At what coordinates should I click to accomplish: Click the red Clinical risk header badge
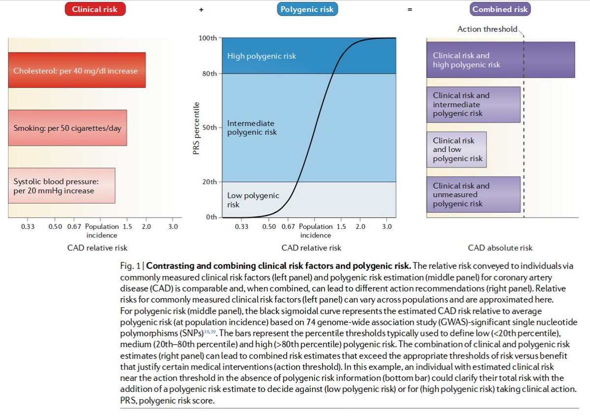pos(95,9)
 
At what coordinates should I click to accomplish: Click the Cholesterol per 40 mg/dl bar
pos(77,70)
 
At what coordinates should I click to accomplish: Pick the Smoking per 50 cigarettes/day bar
pos(68,128)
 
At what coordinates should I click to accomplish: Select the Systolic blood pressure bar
pos(62,186)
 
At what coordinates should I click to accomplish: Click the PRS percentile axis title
pos(197,128)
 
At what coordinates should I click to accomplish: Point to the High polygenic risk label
pos(262,56)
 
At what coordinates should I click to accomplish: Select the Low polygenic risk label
pos(253,200)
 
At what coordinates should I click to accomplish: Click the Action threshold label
pos(487,29)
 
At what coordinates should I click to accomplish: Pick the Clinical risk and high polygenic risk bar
pos(501,60)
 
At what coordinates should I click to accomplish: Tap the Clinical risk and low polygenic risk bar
pos(457,149)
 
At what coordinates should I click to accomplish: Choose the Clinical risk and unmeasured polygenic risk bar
pos(473,194)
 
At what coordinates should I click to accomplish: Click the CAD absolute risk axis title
pos(500,248)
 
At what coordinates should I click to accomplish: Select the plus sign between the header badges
pos(202,9)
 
